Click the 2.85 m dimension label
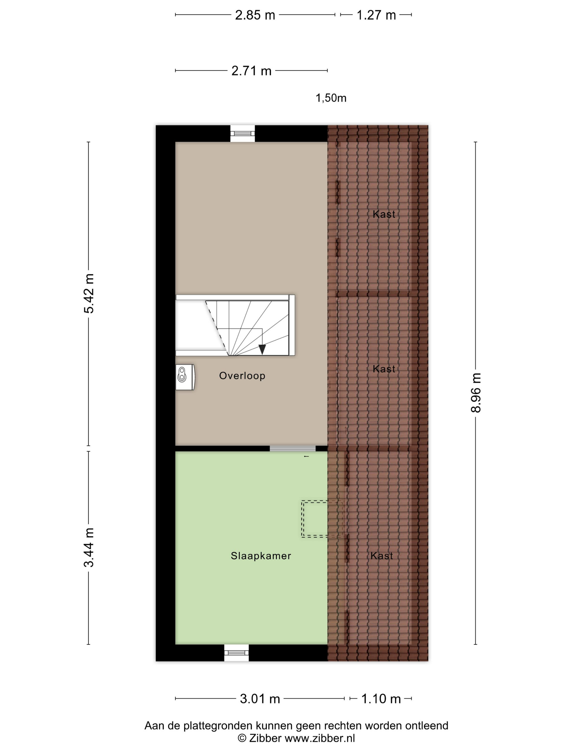(255, 15)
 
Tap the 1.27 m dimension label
(376, 15)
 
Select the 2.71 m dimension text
(252, 71)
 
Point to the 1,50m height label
(331, 98)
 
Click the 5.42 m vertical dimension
(89, 293)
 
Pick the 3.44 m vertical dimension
(89, 547)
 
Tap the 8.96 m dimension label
(476, 393)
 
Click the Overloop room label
(242, 376)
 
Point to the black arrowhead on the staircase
(262, 349)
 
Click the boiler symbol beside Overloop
(185, 377)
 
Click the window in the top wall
(243, 133)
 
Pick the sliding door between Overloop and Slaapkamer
(292, 449)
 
